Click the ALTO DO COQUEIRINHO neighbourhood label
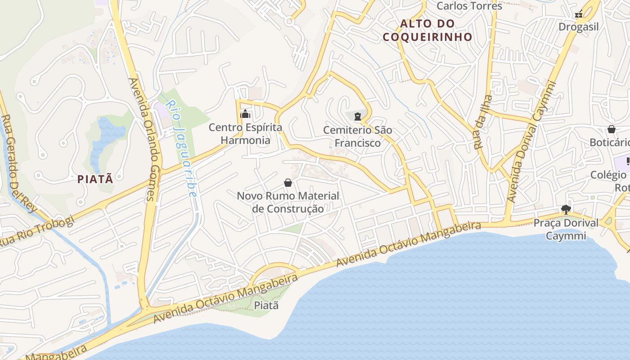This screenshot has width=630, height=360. point(427,30)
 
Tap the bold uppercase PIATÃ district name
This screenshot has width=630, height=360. point(95,179)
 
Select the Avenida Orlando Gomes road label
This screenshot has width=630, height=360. point(142,139)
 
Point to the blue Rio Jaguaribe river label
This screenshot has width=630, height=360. point(181,148)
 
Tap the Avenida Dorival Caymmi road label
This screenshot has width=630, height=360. point(531,142)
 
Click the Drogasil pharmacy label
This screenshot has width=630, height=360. point(578,27)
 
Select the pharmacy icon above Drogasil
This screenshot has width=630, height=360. point(579,14)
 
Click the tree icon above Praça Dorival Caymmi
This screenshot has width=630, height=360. point(566,209)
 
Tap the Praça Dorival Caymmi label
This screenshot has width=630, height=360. point(566,229)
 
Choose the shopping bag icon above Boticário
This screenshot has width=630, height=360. point(611,130)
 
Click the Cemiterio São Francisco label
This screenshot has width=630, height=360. point(358,137)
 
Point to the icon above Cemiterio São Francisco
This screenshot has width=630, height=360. point(358,117)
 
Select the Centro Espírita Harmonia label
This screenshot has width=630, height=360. point(245,134)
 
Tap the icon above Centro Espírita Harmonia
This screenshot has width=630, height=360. point(245,114)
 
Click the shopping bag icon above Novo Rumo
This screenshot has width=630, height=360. point(288,183)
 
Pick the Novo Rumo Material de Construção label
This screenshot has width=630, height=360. point(288,202)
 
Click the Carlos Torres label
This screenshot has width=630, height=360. point(469,6)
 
